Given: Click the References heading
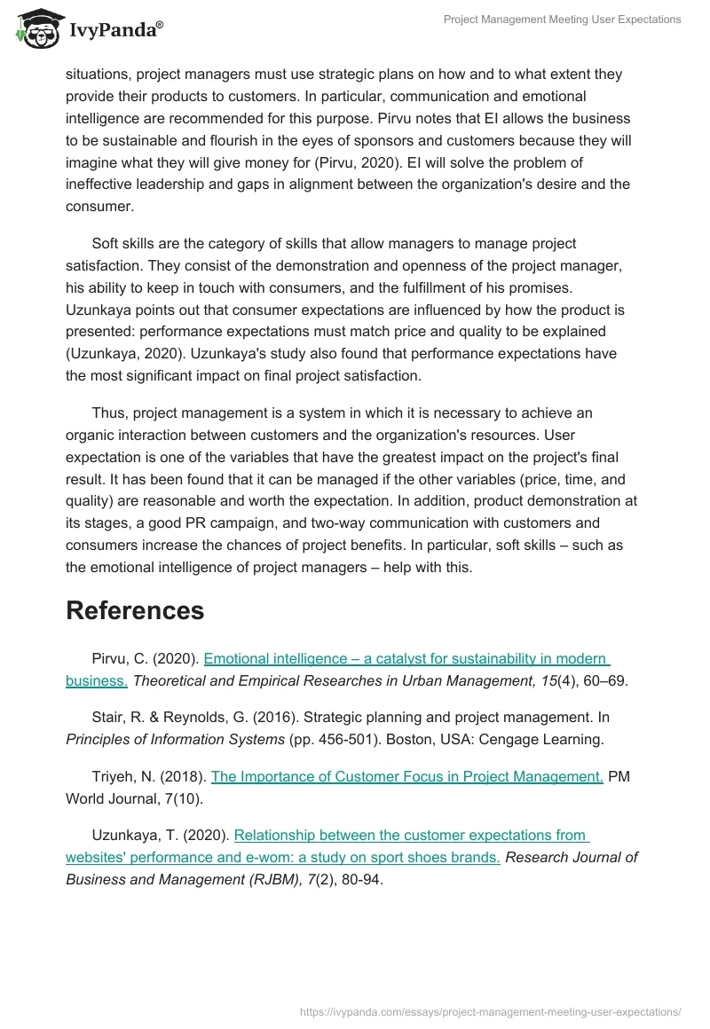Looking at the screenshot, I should [135, 610].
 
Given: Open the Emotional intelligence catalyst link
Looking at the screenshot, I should [406, 659].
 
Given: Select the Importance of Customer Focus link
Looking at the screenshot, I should [406, 776].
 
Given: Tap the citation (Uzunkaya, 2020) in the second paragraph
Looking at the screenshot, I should [128, 353].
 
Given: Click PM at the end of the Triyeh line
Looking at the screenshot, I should [619, 776].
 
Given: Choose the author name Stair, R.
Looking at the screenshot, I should [116, 717].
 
